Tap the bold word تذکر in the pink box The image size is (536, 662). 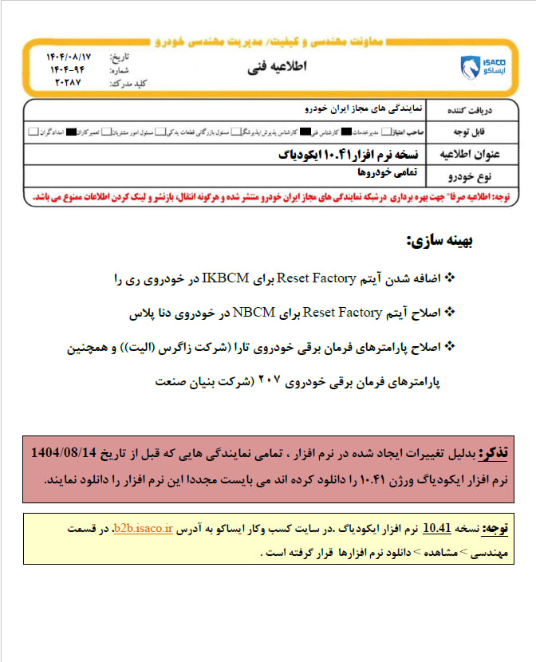[491, 452]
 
